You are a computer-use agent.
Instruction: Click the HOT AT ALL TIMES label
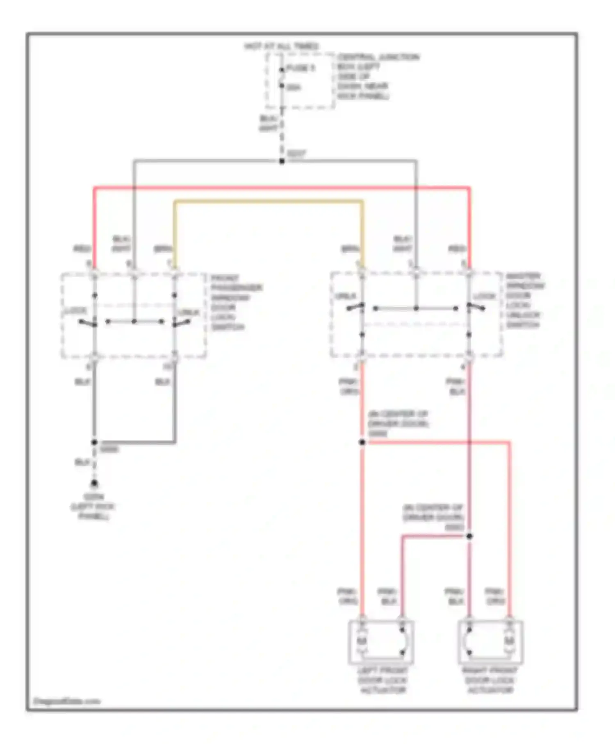(281, 46)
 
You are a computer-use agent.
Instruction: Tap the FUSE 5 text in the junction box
(301, 68)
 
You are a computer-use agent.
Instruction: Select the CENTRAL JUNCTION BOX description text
(377, 76)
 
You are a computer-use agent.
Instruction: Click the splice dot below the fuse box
(282, 161)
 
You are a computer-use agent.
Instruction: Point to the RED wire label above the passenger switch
(82, 249)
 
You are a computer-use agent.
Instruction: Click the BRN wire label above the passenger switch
(163, 249)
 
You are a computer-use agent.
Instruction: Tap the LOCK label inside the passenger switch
(76, 311)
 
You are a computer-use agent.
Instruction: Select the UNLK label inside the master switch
(345, 296)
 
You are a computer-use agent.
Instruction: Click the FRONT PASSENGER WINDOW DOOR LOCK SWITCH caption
(236, 303)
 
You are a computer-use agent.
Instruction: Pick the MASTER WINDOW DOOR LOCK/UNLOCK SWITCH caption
(524, 300)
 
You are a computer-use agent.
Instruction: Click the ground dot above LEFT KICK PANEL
(94, 484)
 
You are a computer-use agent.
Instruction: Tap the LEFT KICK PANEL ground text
(93, 507)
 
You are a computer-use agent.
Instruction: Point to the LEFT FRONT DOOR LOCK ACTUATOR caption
(382, 680)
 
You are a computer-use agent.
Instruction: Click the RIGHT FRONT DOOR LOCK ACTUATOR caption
(490, 680)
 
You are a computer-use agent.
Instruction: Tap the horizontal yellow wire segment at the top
(269, 201)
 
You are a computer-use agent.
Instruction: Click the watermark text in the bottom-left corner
(66, 701)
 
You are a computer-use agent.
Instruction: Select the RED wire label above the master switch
(457, 249)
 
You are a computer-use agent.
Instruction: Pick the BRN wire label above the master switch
(350, 249)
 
